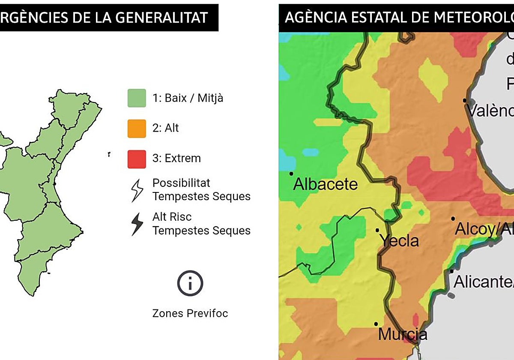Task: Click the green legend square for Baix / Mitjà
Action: [137, 98]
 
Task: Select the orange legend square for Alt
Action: [137, 128]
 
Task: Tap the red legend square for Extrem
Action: [137, 159]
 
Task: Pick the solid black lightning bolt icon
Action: [137, 224]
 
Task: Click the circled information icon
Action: [190, 283]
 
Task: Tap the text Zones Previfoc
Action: [190, 313]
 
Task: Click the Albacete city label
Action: [325, 184]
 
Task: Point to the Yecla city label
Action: [400, 241]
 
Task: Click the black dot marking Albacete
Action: [291, 174]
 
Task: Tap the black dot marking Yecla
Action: [377, 230]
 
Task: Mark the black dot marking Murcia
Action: [376, 324]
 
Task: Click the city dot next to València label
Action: [464, 100]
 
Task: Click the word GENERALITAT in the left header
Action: [163, 18]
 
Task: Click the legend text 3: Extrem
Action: [176, 158]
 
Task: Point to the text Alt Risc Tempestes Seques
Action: [201, 224]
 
